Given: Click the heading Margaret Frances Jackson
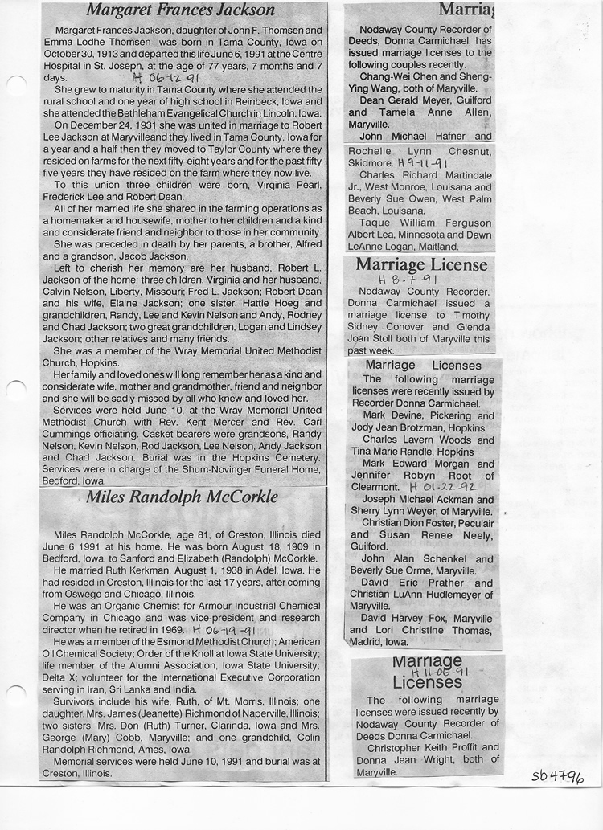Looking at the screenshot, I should point(180,10).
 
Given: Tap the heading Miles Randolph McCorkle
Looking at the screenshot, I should point(182,497).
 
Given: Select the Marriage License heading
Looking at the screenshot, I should point(421,264).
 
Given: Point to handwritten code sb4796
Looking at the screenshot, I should point(558,777).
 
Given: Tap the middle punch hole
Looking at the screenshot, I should point(15,390).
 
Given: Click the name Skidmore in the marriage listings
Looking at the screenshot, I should point(371,162).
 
